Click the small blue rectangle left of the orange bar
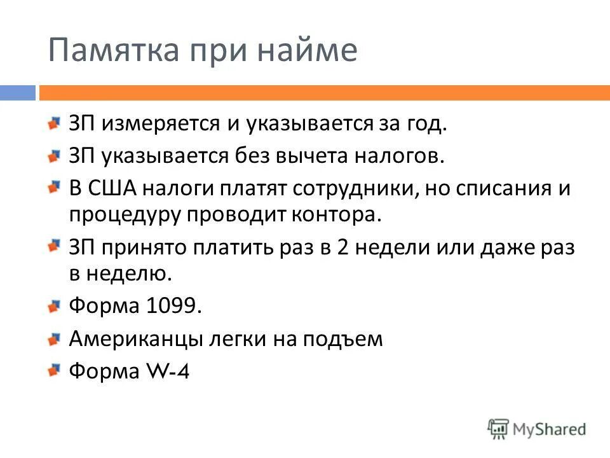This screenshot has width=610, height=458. point(17,93)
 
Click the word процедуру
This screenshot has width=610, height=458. point(125,214)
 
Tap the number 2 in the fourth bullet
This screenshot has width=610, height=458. point(342,247)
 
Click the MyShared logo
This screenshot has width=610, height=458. point(536,429)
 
